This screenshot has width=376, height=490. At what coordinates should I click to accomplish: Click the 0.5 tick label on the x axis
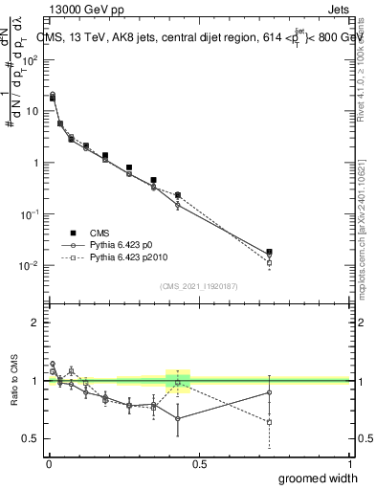click(199, 463)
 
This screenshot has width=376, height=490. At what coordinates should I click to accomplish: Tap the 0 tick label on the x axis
click(49, 463)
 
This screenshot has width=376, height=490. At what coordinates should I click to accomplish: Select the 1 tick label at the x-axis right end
click(350, 463)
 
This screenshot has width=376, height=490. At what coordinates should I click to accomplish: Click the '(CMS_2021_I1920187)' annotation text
click(199, 286)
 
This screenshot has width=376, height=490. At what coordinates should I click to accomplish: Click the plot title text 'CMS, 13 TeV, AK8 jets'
click(105, 37)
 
